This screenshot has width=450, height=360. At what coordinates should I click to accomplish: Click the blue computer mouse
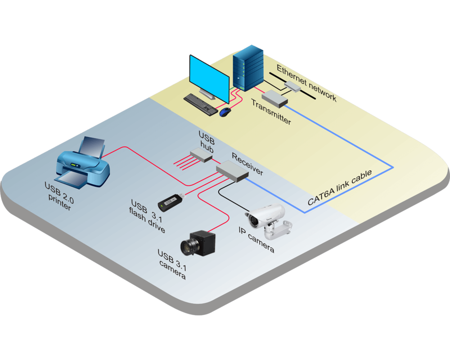click(x=225, y=112)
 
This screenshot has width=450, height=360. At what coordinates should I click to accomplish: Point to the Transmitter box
click(x=274, y=98)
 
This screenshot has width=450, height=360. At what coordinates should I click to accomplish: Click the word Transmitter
click(x=271, y=112)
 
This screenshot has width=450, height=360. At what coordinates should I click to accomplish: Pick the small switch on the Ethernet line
click(x=292, y=85)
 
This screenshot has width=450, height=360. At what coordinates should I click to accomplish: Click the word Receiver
click(x=247, y=164)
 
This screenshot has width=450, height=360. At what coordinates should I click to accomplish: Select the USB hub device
click(x=201, y=156)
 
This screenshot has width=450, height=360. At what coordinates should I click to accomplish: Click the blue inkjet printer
click(x=83, y=164)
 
